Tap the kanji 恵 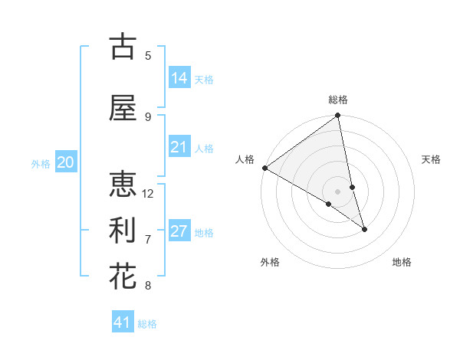coord(123,185)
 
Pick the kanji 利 coord(123,231)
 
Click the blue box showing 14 coord(179,78)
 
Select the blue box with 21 coord(179,147)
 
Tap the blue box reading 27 coord(179,231)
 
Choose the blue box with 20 coord(66,162)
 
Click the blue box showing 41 coord(123,322)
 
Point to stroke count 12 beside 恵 coord(148,194)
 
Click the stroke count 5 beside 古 coord(148,56)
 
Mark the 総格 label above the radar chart coord(338,100)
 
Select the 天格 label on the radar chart coord(432,159)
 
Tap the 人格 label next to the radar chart coord(245,159)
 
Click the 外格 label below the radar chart coord(270,262)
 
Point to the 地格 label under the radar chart coord(402,262)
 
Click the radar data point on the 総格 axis coord(337,116)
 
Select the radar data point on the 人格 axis coord(264,168)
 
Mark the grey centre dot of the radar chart coord(337,191)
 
